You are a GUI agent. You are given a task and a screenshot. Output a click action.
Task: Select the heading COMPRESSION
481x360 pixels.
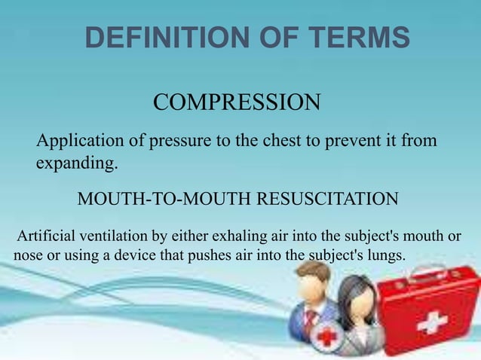click(237, 102)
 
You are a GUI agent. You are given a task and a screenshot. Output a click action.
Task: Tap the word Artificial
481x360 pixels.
click(47, 236)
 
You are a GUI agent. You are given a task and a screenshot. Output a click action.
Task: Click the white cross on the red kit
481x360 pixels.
click(431, 323)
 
